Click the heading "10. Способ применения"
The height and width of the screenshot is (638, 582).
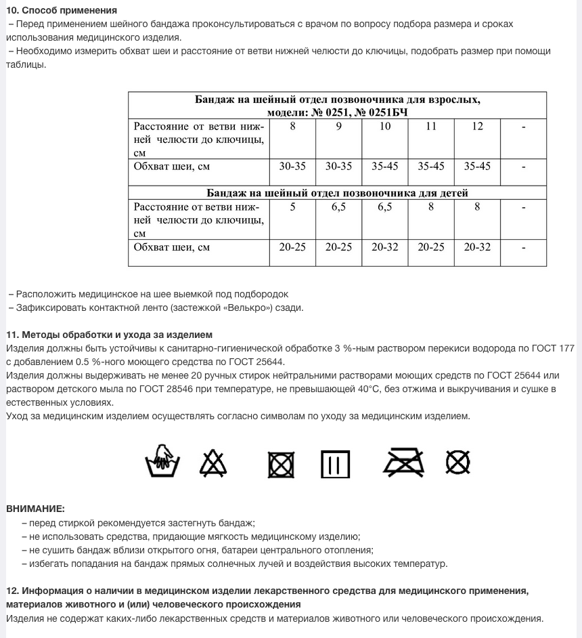point(62,10)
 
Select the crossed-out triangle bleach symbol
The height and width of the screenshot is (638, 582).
point(213,463)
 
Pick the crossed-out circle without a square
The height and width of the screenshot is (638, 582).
point(458,463)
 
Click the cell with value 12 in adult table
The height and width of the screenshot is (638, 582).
point(477,127)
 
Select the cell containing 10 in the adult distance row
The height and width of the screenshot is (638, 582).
point(384,127)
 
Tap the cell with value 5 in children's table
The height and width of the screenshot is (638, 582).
point(292,207)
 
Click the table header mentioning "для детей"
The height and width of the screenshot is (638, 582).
point(337,193)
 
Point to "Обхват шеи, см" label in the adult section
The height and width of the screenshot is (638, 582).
point(172,166)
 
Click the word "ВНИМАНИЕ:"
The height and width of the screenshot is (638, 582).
point(35,508)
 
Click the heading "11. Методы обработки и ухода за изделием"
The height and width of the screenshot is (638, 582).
point(109,335)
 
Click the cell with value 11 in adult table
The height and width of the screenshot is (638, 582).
point(430,127)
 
